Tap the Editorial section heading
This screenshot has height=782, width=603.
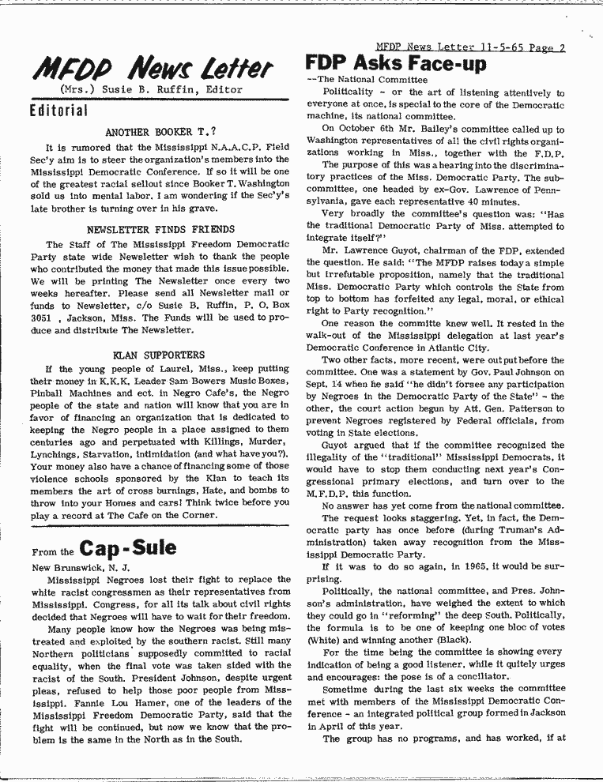point(58,110)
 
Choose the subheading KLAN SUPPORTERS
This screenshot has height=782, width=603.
point(159,355)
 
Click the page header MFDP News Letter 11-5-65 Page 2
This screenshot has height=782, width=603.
point(470,47)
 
